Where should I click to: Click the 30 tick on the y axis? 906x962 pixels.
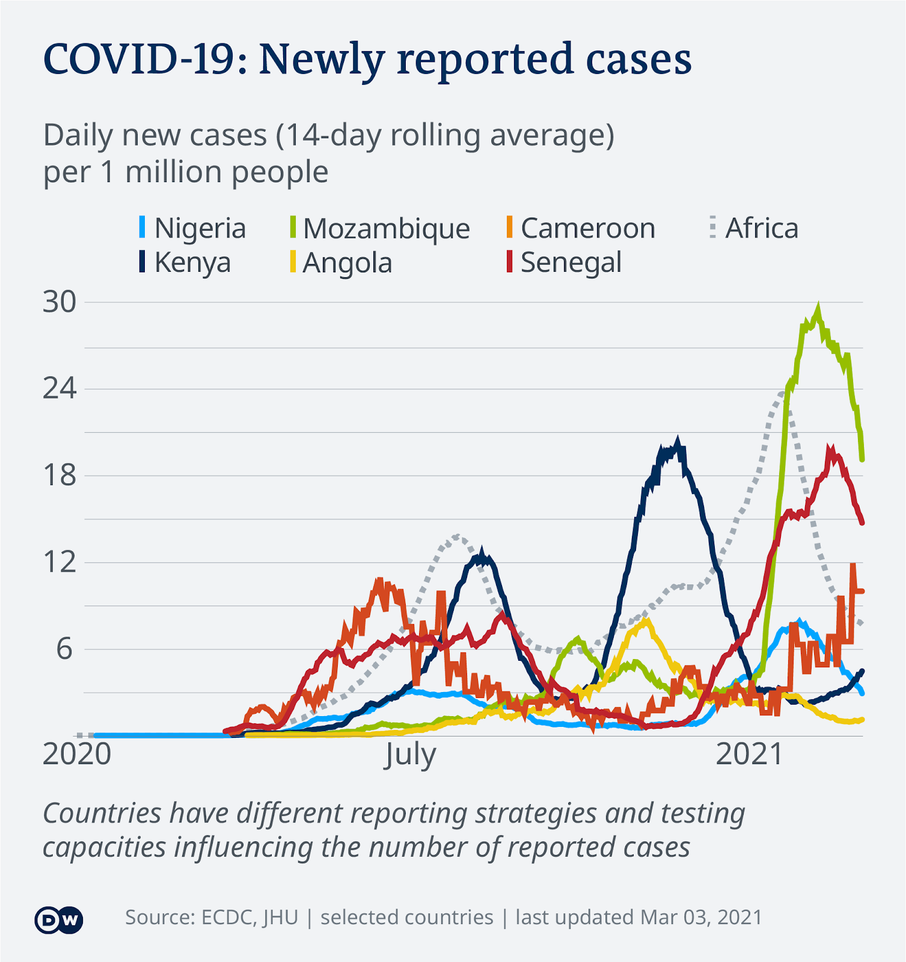pos(60,302)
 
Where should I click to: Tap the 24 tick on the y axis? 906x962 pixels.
pos(60,389)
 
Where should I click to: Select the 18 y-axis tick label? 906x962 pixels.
pos(60,476)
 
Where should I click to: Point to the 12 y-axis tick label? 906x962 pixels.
pos(60,563)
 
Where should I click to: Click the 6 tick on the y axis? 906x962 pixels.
pos(64,649)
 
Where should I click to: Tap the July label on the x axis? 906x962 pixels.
pos(410,755)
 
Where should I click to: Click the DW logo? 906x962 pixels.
pos(59,919)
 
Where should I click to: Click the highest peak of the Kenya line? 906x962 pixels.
pos(678,444)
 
